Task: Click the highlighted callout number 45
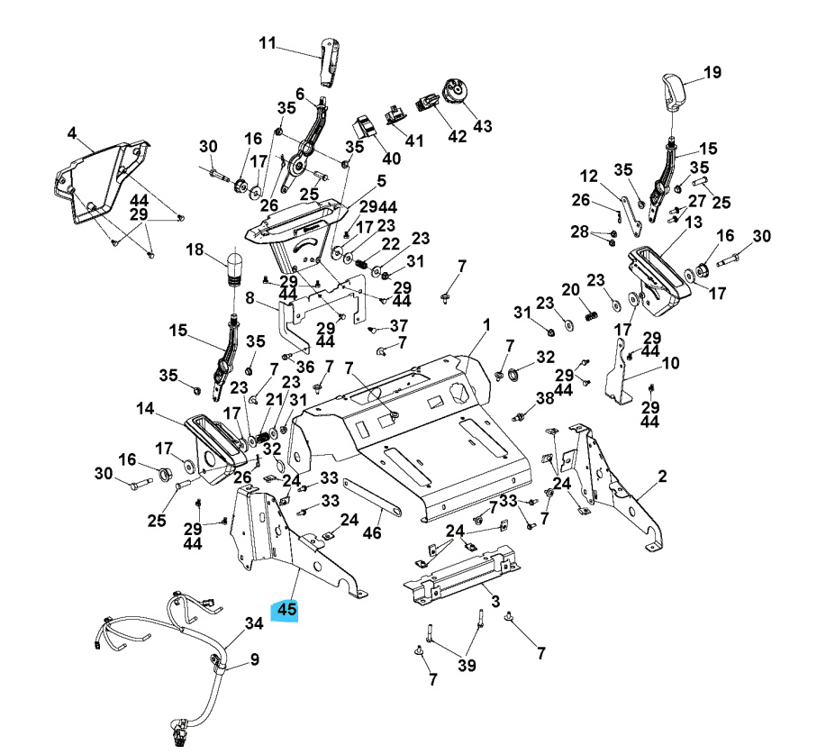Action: pyautogui.click(x=286, y=610)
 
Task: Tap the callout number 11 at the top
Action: pyautogui.click(x=268, y=43)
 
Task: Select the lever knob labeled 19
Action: pyautogui.click(x=672, y=91)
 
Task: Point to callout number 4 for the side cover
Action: pyautogui.click(x=72, y=133)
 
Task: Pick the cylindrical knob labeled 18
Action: pyautogui.click(x=235, y=268)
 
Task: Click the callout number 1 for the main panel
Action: pyautogui.click(x=486, y=324)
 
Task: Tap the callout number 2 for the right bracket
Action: pyautogui.click(x=662, y=477)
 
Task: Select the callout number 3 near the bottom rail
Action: pyautogui.click(x=495, y=602)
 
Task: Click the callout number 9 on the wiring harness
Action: pyautogui.click(x=255, y=659)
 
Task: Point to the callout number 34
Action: pyautogui.click(x=255, y=622)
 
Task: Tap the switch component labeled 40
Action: pyautogui.click(x=363, y=127)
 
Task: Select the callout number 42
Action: pyautogui.click(x=458, y=137)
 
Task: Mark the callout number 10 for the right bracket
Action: pyautogui.click(x=695, y=364)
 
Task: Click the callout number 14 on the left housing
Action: pyautogui.click(x=146, y=408)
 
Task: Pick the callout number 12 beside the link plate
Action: pyautogui.click(x=613, y=176)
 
